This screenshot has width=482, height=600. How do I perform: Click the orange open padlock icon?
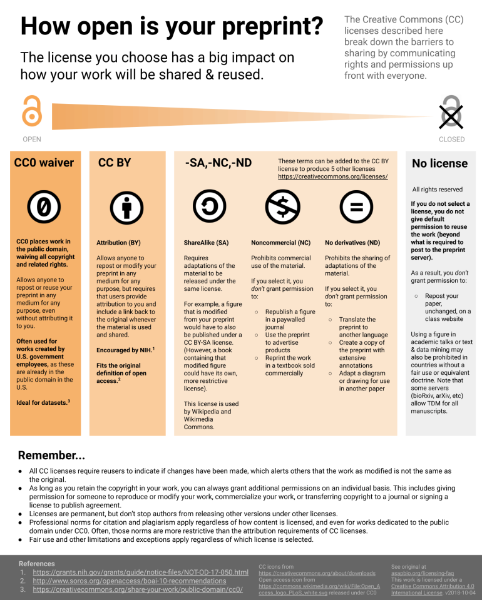click(31, 111)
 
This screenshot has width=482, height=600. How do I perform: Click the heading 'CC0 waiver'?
click(44, 163)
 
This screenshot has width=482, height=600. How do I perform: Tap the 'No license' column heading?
click(439, 164)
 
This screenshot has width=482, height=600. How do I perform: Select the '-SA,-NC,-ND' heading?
click(218, 163)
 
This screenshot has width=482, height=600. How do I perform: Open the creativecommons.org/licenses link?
click(333, 177)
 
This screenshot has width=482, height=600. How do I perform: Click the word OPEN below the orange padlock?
click(31, 140)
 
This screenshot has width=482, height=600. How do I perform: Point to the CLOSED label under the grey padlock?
click(451, 140)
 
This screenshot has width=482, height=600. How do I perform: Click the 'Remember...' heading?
click(51, 455)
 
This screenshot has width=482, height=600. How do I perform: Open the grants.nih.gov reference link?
click(140, 572)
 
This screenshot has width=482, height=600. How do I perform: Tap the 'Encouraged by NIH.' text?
click(125, 350)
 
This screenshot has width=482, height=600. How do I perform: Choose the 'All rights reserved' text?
click(438, 190)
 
